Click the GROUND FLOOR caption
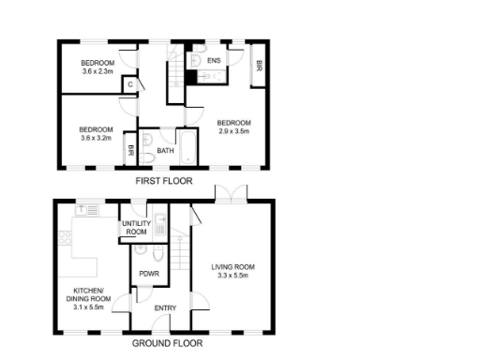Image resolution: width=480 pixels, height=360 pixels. point(167,343)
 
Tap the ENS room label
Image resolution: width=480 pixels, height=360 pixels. point(214,61)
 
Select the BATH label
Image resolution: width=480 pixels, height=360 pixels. point(165,151)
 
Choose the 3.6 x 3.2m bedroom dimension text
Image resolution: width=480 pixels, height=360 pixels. point(97,138)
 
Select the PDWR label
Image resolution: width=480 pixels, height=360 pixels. point(147,274)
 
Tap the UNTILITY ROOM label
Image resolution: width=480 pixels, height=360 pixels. point(137,228)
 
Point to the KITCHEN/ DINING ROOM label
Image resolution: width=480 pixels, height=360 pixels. point(92,298)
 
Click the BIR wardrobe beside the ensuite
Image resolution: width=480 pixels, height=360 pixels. point(259,65)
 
